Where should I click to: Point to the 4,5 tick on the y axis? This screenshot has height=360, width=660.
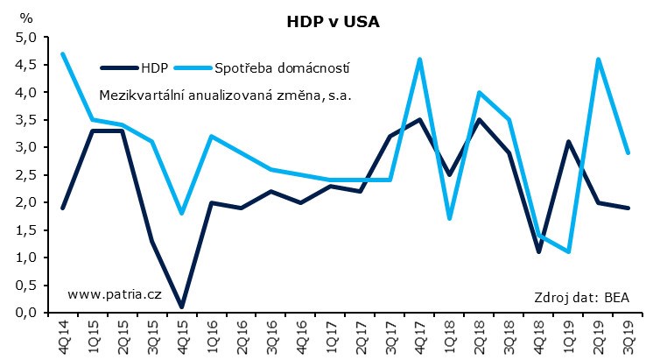pos(25,65)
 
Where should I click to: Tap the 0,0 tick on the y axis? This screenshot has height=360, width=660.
pos(25,312)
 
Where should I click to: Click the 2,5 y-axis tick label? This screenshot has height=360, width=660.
pos(25,174)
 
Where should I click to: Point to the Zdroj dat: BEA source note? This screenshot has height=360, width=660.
pos(582,296)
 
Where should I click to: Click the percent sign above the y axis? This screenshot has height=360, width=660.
pos(26,18)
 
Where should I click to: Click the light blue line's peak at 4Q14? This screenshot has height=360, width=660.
pos(64,53)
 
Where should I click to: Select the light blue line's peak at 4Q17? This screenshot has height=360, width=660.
pos(421,60)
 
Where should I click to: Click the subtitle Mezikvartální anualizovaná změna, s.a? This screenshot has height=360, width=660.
pos(225,95)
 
